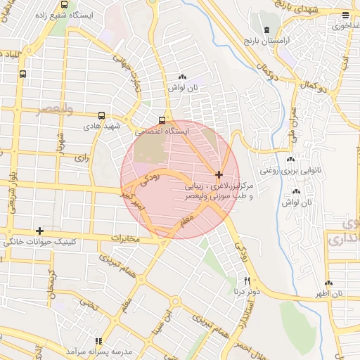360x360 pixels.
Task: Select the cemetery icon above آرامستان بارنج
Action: (x=266, y=30)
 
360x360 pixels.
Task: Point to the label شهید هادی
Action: (x=103, y=127)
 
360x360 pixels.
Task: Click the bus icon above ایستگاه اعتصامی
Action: (x=162, y=120)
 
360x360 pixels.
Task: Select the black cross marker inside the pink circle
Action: (x=219, y=174)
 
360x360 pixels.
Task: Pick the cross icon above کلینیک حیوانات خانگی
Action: (x=39, y=231)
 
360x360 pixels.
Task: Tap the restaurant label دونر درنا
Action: (x=247, y=290)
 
